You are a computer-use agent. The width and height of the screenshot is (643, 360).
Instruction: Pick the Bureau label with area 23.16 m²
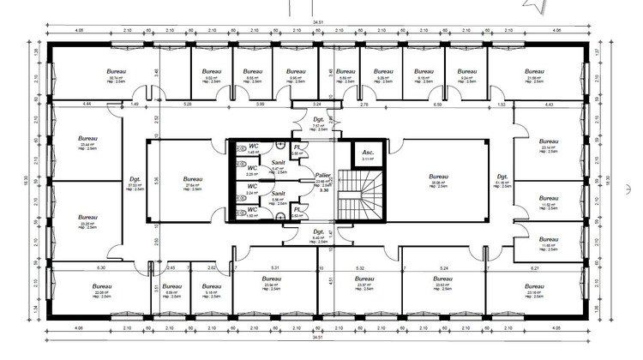pyautogui.click(x=538, y=285)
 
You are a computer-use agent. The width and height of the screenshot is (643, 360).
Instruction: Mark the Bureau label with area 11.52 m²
pyautogui.click(x=549, y=198)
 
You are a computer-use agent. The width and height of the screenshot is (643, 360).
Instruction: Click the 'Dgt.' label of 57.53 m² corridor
pyautogui.click(x=135, y=177)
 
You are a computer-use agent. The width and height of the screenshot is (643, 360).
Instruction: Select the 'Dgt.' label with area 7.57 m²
pyautogui.click(x=317, y=119)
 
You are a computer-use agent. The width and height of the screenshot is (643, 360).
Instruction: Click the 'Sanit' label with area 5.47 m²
pyautogui.click(x=279, y=162)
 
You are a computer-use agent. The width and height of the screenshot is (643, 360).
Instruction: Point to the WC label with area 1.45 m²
pyautogui.click(x=254, y=147)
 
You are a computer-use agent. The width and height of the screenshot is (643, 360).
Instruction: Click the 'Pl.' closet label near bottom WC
pyautogui.click(x=297, y=209)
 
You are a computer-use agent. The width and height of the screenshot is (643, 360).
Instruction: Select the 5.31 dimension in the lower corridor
pyautogui.click(x=273, y=268)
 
